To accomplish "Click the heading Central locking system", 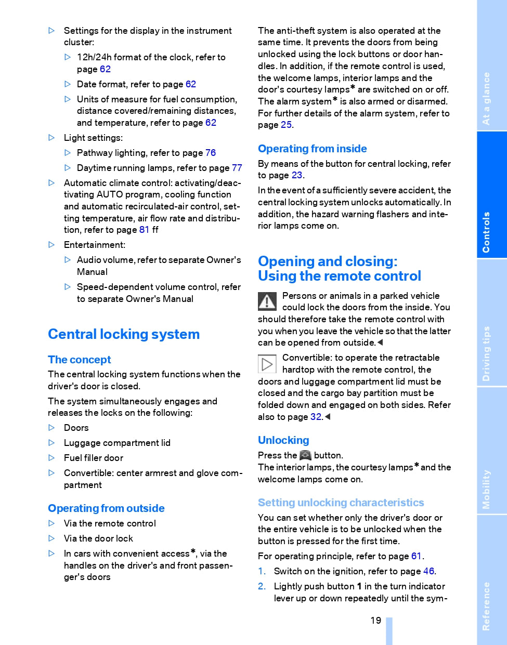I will pyautogui.click(x=124, y=334).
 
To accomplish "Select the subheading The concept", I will pyautogui.click(x=80, y=360).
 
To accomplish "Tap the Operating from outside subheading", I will pyautogui.click(x=106, y=508).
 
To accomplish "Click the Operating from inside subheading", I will pyautogui.click(x=312, y=149).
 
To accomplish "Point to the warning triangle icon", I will pyautogui.click(x=267, y=301).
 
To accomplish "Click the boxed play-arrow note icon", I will pyautogui.click(x=267, y=364).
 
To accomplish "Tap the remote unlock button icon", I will pyautogui.click(x=305, y=455).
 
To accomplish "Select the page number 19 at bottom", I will pyautogui.click(x=375, y=621).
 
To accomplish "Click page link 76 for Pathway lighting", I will pyautogui.click(x=211, y=153).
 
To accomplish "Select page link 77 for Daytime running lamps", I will pyautogui.click(x=237, y=168).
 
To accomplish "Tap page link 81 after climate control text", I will pyautogui.click(x=145, y=230).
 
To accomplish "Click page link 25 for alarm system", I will pyautogui.click(x=286, y=125).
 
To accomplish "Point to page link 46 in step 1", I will pyautogui.click(x=428, y=571).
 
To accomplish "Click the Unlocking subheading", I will pyautogui.click(x=283, y=440).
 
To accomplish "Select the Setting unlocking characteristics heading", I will pyautogui.click(x=341, y=503).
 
